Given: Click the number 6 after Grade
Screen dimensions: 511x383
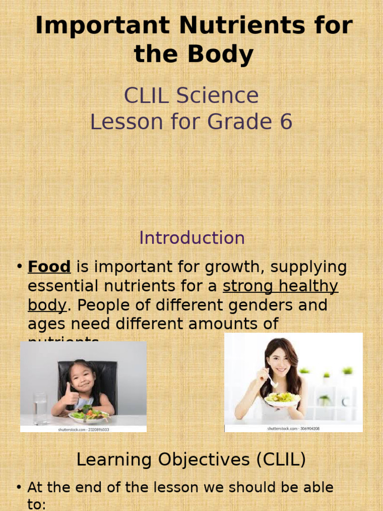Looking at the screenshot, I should click(x=286, y=122).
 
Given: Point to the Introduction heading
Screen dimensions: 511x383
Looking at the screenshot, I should click(x=192, y=238).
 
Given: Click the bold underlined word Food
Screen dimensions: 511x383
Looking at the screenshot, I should click(x=49, y=267).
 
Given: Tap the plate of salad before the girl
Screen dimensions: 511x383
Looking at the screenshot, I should click(x=89, y=415).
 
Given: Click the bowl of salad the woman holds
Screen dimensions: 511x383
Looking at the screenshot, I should click(x=282, y=398).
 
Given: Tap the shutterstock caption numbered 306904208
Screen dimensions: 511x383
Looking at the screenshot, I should click(x=293, y=428).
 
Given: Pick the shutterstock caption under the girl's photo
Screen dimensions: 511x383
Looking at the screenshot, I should click(x=83, y=429).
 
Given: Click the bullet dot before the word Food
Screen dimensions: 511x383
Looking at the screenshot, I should click(x=19, y=267).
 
